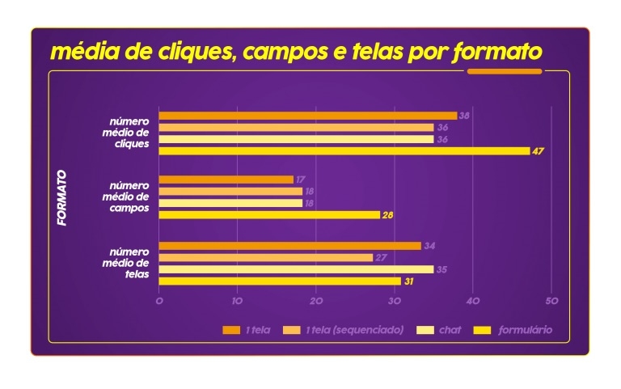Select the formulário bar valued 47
344,150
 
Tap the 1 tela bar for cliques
307,116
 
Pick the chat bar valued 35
296,269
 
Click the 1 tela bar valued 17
226,180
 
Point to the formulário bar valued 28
269,215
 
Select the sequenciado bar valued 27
265,257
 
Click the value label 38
464,116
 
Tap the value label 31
408,281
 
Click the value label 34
429,246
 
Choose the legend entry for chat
450,330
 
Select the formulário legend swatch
482,330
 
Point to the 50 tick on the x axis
551,301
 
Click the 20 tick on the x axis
315,301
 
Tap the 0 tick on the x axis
159,301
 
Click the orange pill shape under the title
505,71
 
